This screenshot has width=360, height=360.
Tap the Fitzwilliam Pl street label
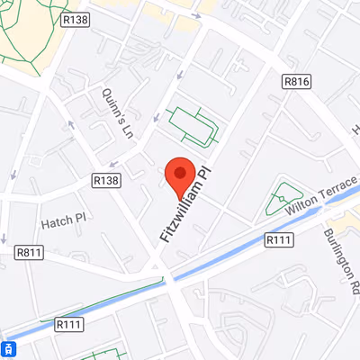click(184, 205)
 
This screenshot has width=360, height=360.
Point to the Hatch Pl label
click(62, 219)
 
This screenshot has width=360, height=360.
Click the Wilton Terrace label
click(322, 195)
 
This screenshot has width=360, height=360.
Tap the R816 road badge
click(296, 82)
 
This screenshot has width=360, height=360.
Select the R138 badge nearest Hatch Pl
click(105, 181)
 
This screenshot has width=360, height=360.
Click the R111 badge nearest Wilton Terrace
click(279, 239)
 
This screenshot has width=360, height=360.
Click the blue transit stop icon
click(7, 349)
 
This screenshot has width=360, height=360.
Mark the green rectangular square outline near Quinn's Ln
click(193, 125)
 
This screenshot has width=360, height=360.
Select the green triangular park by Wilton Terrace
click(285, 197)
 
